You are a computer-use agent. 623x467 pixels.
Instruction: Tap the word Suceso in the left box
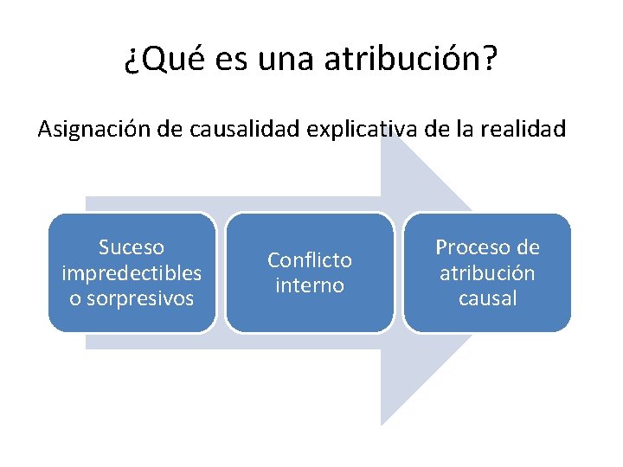pos(132,247)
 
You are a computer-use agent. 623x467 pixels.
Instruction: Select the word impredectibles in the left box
pos(132,273)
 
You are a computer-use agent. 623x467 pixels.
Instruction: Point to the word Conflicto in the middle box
pos(310,260)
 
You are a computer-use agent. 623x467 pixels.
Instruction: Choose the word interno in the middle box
pos(310,285)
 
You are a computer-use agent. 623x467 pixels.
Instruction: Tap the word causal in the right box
pos(487,298)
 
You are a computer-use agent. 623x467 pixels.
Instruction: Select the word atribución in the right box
pos(487,273)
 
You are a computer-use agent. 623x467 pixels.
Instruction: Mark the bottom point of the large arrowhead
pos(382,425)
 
